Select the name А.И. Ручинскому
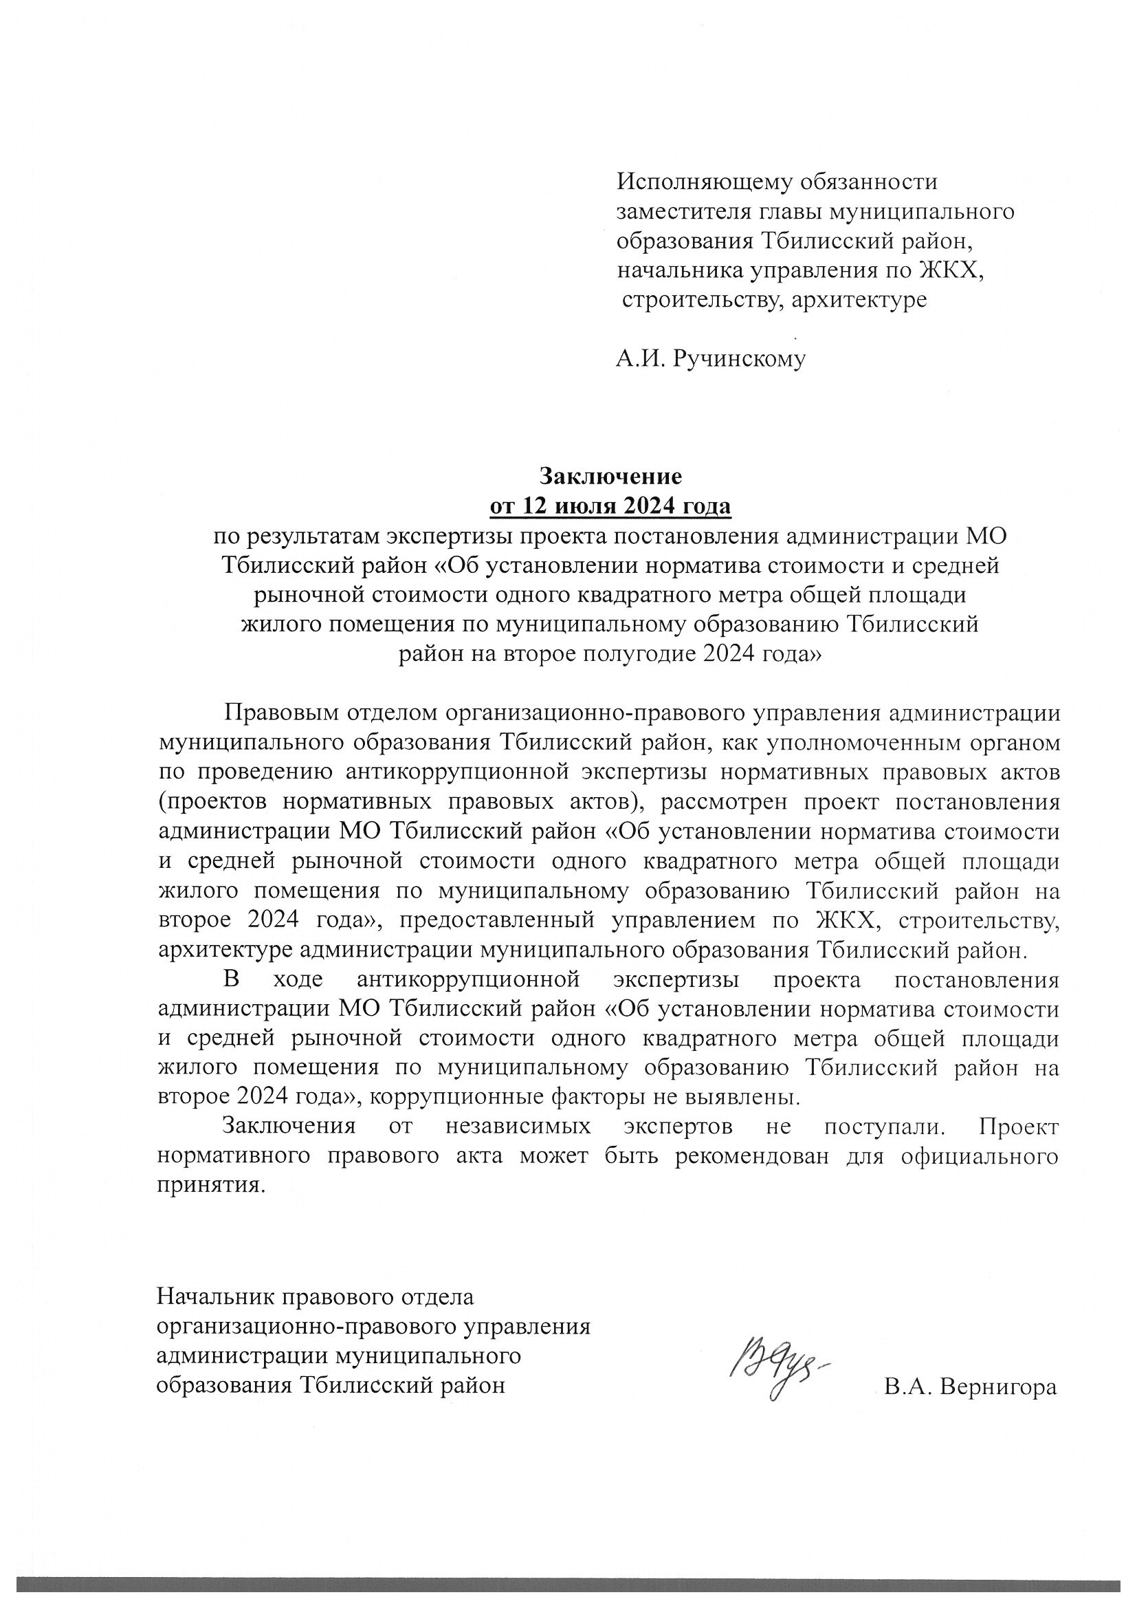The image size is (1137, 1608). (711, 360)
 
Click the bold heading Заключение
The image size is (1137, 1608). (610, 477)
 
